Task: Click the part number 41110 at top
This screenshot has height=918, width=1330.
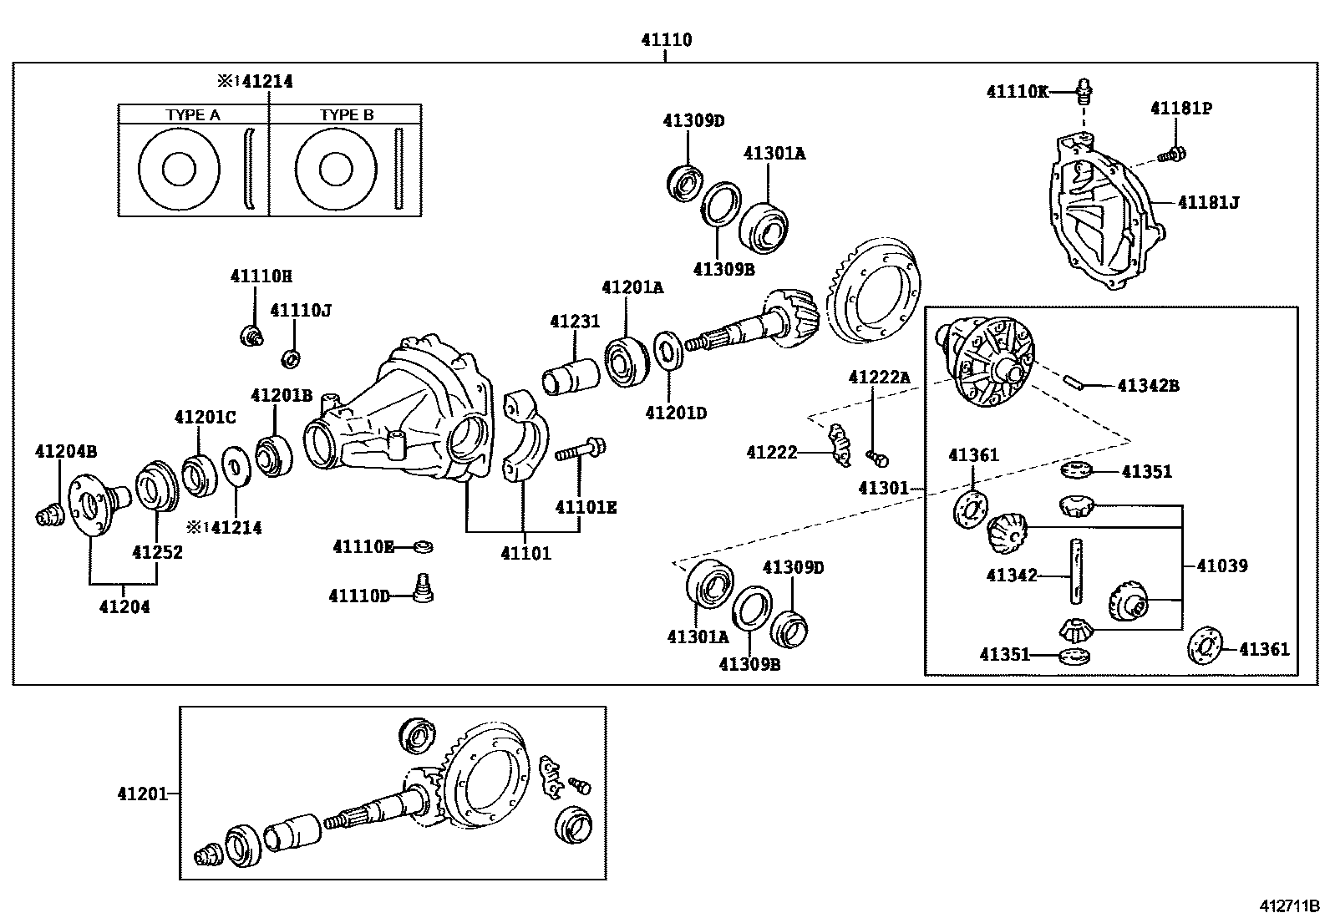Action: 666,39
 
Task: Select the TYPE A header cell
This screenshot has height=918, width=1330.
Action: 193,115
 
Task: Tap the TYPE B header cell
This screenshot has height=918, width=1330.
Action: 346,115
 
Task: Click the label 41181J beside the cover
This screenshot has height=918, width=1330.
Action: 1208,202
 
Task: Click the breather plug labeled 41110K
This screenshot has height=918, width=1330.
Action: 1084,89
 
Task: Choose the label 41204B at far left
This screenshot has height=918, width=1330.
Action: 66,451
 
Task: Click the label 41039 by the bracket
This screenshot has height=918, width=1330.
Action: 1221,566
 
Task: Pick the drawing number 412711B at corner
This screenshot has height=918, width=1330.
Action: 1290,905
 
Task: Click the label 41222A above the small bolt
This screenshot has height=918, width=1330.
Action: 879,377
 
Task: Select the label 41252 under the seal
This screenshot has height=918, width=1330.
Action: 157,552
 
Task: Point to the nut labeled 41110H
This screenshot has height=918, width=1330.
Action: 250,336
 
